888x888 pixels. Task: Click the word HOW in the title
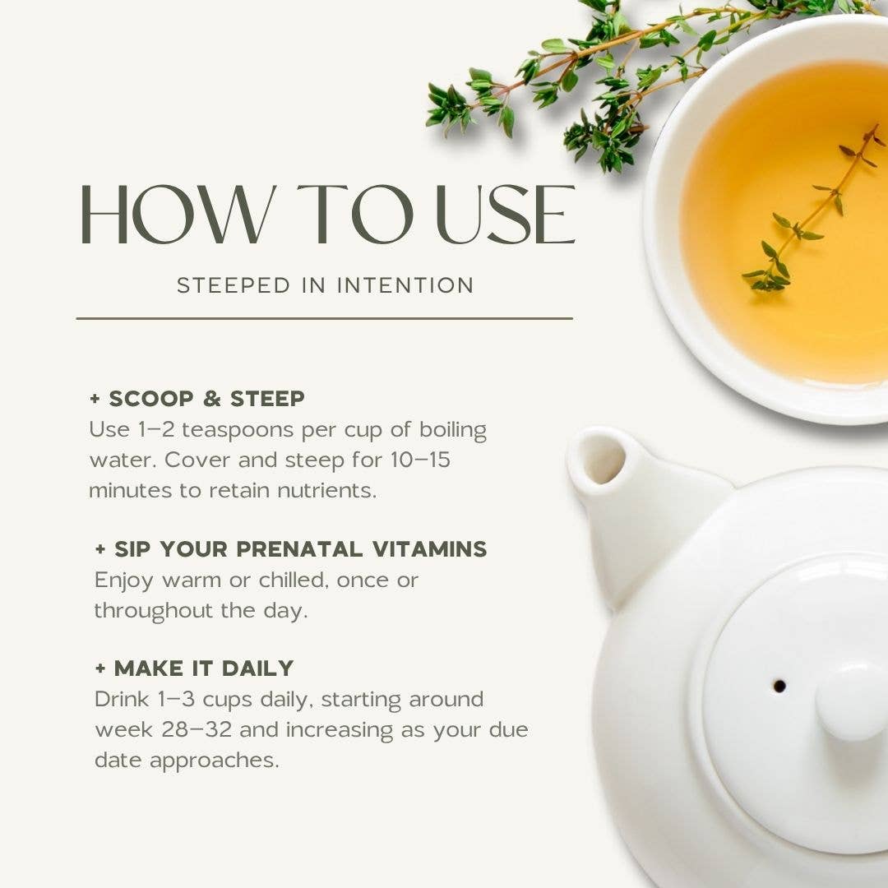point(177,215)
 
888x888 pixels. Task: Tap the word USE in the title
point(506,215)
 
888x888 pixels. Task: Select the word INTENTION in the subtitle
point(405,284)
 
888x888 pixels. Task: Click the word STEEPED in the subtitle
point(234,284)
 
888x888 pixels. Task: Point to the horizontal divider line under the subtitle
point(325,319)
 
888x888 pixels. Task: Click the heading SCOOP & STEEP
point(206,399)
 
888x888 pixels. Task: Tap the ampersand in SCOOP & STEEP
point(211,399)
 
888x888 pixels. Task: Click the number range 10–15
point(420,460)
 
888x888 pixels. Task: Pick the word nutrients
point(326,490)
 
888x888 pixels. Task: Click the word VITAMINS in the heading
point(429,548)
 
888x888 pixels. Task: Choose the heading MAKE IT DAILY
point(204,668)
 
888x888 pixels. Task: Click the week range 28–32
point(197,729)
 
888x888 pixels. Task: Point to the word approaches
point(215,761)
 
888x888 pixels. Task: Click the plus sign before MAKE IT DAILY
point(100,668)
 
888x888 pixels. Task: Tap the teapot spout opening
point(600,458)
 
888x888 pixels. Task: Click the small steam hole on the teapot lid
point(779,686)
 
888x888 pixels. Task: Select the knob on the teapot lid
point(853,703)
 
